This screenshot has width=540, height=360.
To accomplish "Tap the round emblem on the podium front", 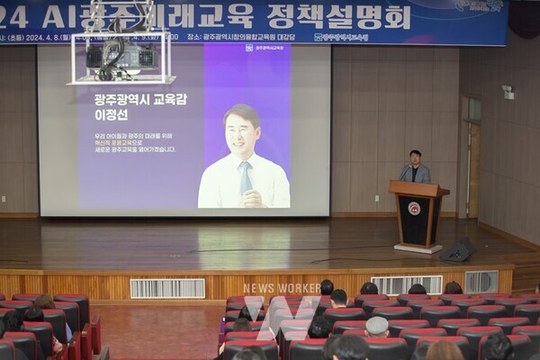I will point(414,209).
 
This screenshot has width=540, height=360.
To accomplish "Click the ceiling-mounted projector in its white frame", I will point(120,56).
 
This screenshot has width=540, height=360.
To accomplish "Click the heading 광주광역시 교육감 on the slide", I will point(139,99).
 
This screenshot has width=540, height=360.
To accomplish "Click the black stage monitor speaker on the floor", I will point(459,251).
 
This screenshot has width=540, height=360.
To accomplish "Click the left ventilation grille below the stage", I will point(167,288).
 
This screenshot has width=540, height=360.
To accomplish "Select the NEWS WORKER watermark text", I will point(282,289).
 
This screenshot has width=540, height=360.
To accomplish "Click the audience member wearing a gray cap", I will point(377,326).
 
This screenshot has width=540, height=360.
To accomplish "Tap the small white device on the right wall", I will point(508,92).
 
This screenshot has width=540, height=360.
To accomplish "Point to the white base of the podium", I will point(418,247).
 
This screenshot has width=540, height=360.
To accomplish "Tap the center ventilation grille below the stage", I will point(406,284).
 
